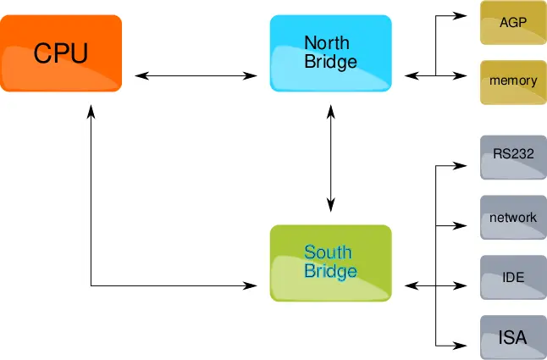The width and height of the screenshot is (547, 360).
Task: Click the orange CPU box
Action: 61,53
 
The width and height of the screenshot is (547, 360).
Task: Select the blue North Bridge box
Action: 330,53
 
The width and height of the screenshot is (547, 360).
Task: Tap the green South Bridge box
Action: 330,263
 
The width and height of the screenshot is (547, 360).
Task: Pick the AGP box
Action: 513,23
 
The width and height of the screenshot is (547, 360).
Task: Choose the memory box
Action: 513,81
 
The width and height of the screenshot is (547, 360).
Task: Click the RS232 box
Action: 513,156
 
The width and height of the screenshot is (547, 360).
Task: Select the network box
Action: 513,218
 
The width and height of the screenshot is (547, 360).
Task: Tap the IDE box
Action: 513,277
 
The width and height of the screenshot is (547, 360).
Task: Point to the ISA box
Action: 513,337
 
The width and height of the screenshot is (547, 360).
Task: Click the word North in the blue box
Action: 327,43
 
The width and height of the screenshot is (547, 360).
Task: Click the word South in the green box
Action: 328,252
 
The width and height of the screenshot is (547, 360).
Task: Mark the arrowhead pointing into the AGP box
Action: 462,16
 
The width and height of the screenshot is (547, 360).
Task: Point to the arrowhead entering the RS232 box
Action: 462,165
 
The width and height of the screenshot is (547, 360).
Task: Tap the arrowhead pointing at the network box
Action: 462,225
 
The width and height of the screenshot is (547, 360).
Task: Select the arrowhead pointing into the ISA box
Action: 462,345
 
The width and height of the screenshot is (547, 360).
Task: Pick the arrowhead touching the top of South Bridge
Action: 331,204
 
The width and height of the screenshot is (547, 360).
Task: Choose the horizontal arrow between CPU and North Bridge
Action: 196,76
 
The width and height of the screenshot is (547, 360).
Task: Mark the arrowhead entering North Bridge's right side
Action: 411,76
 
